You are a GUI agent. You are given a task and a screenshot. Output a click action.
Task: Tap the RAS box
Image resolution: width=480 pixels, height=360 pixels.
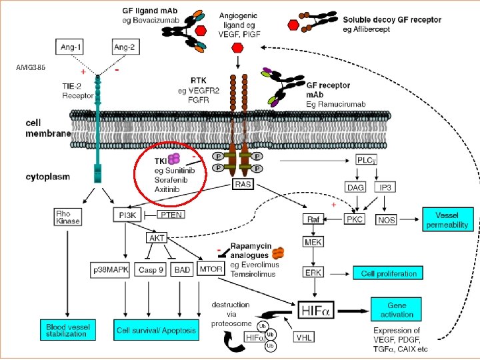[x=243, y=184]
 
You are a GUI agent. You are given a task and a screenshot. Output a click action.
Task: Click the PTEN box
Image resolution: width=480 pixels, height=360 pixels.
[x=172, y=215]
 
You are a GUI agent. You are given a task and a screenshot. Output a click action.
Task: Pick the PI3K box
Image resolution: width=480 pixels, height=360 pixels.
[x=125, y=215]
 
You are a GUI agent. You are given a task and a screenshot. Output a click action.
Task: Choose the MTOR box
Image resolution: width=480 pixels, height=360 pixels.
[x=210, y=269]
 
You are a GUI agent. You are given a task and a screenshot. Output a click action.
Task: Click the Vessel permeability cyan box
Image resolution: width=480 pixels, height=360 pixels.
[x=448, y=219]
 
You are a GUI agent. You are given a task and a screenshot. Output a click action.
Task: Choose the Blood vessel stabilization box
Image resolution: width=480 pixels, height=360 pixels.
[x=67, y=329]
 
